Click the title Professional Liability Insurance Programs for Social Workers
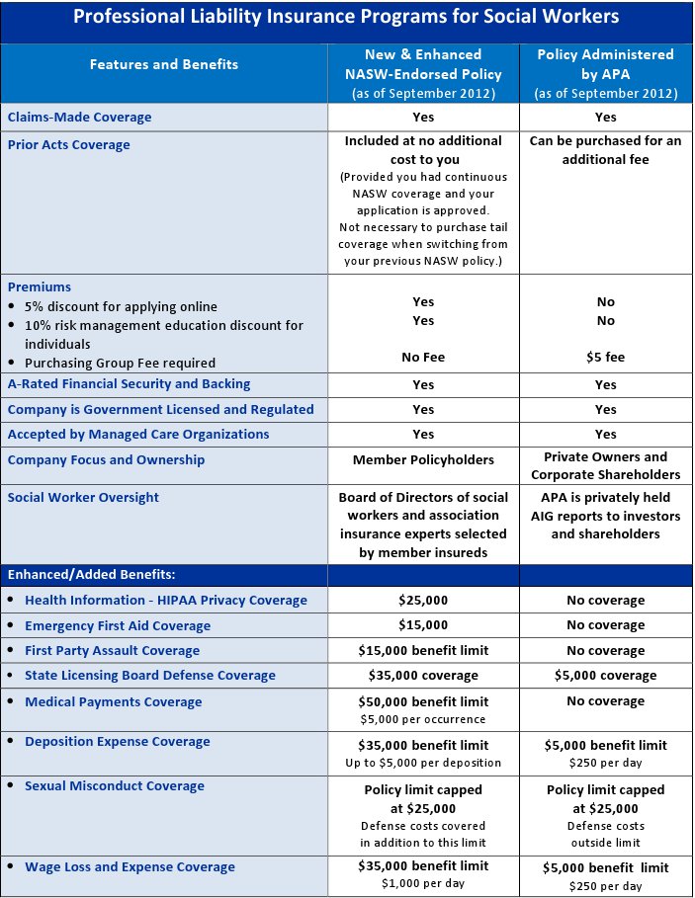click(x=346, y=17)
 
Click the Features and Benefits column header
click(x=164, y=64)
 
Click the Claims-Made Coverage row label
click(x=80, y=117)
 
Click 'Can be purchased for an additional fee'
click(x=605, y=150)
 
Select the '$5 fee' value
click(x=605, y=357)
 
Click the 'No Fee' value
click(x=422, y=357)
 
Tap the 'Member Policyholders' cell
click(x=422, y=459)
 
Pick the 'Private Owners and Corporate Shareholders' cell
click(x=605, y=466)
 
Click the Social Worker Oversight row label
click(x=83, y=497)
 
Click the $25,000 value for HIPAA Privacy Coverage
click(x=422, y=600)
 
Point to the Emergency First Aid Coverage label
click(x=118, y=625)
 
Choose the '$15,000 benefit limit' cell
click(x=422, y=650)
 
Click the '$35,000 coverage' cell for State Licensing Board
click(x=422, y=675)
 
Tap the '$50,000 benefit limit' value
click(x=422, y=701)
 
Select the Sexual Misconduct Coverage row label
click(x=115, y=786)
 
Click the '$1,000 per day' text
click(x=422, y=884)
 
